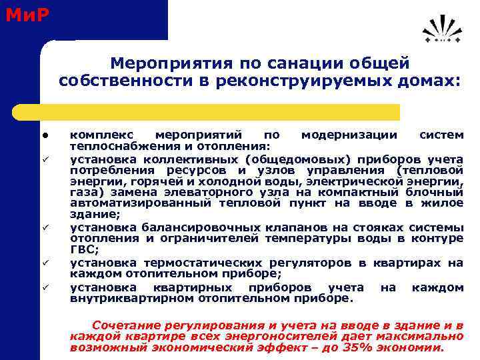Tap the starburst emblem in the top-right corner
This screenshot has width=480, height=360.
coord(441,30)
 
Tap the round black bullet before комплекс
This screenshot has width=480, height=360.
coord(42,135)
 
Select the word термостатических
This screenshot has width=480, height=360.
coord(193,263)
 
